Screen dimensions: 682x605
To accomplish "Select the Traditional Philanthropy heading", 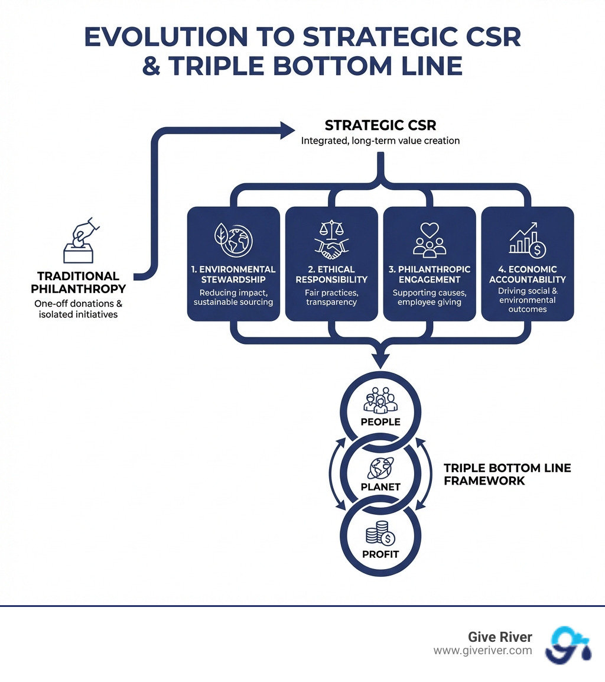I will pos(82,282).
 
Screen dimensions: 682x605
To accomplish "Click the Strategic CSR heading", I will pos(380,126).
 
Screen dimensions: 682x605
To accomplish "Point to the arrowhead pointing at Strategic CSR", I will pos(288,129).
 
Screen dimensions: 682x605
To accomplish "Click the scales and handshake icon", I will pos(331,240).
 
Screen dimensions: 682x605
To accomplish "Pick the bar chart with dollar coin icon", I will pos(527,240).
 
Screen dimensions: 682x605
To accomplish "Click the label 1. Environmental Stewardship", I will pos(233,274).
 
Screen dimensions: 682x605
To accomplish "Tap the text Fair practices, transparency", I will pos(331,297).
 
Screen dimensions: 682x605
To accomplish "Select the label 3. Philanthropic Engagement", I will pos(430,274).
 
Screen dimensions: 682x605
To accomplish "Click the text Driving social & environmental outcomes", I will pos(528,300).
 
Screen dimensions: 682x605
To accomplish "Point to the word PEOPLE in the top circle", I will pos(380,422).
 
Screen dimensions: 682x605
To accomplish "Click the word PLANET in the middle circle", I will pos(380,488).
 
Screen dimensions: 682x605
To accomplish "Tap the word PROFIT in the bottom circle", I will pos(380,554).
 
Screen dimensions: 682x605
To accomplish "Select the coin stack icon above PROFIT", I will pos(380,535).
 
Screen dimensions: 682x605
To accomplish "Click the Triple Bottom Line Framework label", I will pos(507,475).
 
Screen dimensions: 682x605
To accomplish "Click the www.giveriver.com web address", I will pos(483,651).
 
